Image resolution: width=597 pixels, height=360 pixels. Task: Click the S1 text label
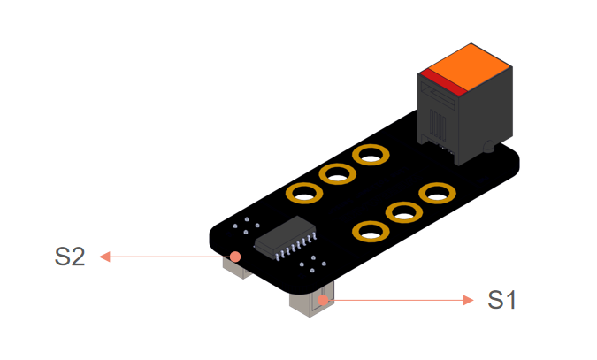pyautogui.click(x=501, y=300)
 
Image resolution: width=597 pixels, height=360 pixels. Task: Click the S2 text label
pyautogui.click(x=70, y=257)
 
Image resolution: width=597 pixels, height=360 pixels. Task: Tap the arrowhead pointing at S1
pyautogui.click(x=469, y=300)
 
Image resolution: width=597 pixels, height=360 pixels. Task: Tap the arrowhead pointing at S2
pyautogui.click(x=103, y=257)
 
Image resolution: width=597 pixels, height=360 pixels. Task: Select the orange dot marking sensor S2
pyautogui.click(x=234, y=257)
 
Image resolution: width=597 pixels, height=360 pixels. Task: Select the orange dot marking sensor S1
pyautogui.click(x=325, y=300)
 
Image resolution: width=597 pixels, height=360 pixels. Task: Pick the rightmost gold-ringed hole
pyautogui.click(x=436, y=192)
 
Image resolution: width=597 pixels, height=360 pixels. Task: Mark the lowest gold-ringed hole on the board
pyautogui.click(x=370, y=232)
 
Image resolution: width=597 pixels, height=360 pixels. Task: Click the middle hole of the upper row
pyautogui.click(x=337, y=174)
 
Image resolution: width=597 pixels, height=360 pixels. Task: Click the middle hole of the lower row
pyautogui.click(x=403, y=212)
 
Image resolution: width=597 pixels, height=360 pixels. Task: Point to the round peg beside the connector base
pyautogui.click(x=486, y=146)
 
